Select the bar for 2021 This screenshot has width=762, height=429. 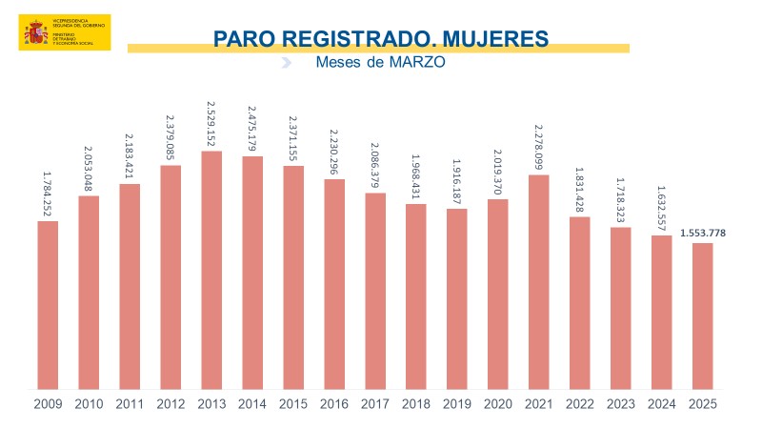click(x=539, y=281)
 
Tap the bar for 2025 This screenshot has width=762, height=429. click(x=702, y=316)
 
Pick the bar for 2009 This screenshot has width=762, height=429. click(x=48, y=305)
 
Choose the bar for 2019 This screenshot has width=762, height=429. click(x=457, y=298)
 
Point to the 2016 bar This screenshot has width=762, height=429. click(x=334, y=283)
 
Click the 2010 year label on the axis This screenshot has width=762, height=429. click(x=89, y=404)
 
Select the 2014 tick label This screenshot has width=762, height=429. click(x=252, y=404)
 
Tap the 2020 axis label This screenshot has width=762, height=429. click(x=498, y=404)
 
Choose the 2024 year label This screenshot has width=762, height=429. click(x=662, y=404)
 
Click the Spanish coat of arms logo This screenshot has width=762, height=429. click(x=36, y=33)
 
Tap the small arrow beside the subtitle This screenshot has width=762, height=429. click(x=286, y=63)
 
